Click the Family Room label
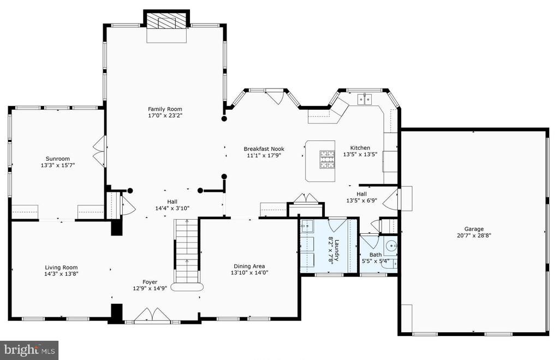coord(165,109)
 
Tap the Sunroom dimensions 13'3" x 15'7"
coord(58,165)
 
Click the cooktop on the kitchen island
coord(327,160)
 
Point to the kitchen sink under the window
coord(364,99)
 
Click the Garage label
coord(474,229)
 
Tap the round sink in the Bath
coord(391,245)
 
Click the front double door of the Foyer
coord(152,315)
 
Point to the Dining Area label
coord(249,266)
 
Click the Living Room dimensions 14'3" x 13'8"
coord(61,274)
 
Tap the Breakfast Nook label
coord(264,149)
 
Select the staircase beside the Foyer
coord(187,251)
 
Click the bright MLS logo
coord(29,350)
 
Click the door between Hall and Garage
coord(391,199)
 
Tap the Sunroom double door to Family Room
coord(99,152)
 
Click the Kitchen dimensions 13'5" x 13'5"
coord(360,155)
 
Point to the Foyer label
coord(150,282)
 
